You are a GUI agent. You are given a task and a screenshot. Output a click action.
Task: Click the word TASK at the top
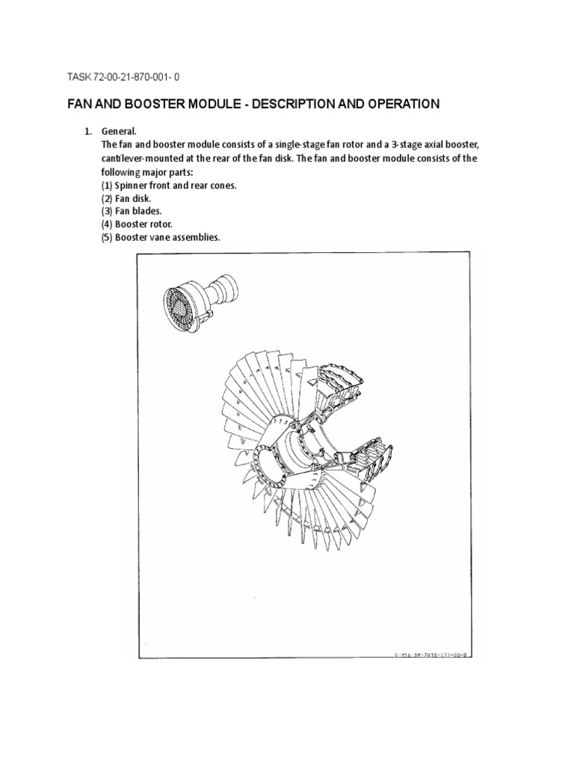[x=78, y=76]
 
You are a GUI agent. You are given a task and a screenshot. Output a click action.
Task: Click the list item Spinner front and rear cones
[x=169, y=185]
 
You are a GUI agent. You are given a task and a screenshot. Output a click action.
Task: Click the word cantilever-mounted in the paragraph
[x=143, y=159]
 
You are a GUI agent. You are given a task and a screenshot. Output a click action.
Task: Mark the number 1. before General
[x=87, y=132]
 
